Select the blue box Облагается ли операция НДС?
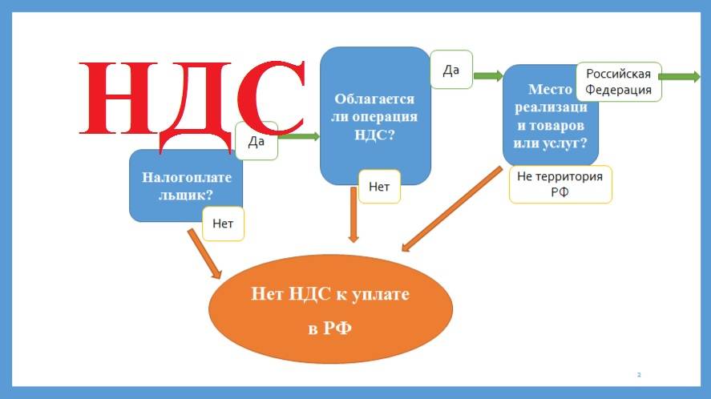[374, 115]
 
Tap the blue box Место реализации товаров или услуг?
[550, 115]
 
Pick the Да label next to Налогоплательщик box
[257, 141]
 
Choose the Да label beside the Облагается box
[451, 71]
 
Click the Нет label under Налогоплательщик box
[223, 224]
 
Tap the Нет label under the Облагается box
[379, 187]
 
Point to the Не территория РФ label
[560, 184]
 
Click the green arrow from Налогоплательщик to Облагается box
[298, 137]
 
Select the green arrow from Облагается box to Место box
[487, 76]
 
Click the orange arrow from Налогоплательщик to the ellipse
[204, 254]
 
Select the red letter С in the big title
[269, 100]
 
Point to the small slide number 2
[639, 374]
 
